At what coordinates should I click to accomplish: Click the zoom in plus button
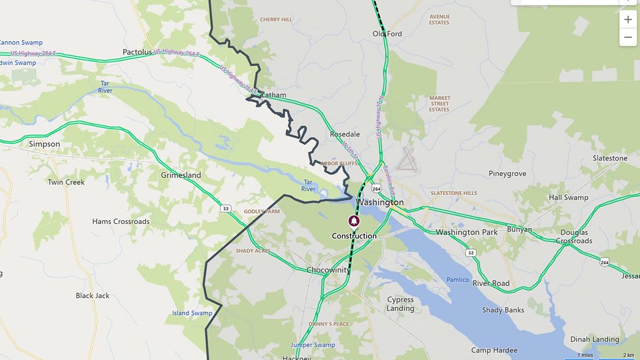coord(628,20)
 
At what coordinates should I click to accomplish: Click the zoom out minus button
coord(628,37)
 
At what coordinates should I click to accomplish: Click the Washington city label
coord(380,203)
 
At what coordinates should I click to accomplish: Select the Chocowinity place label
coord(328,270)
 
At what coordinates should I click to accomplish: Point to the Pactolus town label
coord(138,52)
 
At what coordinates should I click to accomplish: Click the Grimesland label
coord(181,175)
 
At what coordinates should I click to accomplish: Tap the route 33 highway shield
coord(226,208)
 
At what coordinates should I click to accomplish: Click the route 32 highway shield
coord(469,253)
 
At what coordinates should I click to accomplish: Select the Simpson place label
coord(44,144)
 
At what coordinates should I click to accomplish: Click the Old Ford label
coord(387,34)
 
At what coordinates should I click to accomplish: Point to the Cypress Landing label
coord(401,304)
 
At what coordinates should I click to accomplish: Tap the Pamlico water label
coord(458,280)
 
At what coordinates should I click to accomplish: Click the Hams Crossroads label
coord(121,221)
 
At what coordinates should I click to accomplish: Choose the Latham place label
coord(274,95)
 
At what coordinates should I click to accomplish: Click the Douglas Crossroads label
coord(574,237)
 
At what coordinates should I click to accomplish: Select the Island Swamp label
coord(192,313)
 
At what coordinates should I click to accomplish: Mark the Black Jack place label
coord(92,295)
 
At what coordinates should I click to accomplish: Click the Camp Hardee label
coord(494,350)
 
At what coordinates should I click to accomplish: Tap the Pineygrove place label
coord(507,173)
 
